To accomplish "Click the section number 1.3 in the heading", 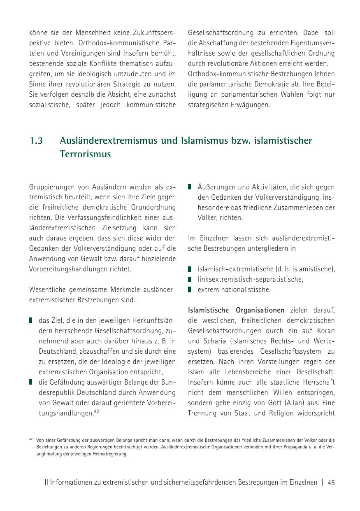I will (x=36, y=141).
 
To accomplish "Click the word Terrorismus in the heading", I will (x=85, y=154).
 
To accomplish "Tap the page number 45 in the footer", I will (x=331, y=483).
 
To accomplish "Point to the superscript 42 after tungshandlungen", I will (x=97, y=411).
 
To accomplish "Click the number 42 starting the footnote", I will (x=31, y=439).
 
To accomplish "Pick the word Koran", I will (x=326, y=331).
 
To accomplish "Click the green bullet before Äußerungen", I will (x=190, y=187).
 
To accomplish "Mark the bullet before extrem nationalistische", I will (x=190, y=289).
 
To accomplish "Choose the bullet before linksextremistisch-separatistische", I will (x=190, y=279).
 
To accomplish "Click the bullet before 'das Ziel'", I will (x=31, y=320).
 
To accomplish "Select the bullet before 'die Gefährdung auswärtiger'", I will (x=31, y=382).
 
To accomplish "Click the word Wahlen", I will (x=276, y=94).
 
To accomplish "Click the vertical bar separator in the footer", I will (x=323, y=483).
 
